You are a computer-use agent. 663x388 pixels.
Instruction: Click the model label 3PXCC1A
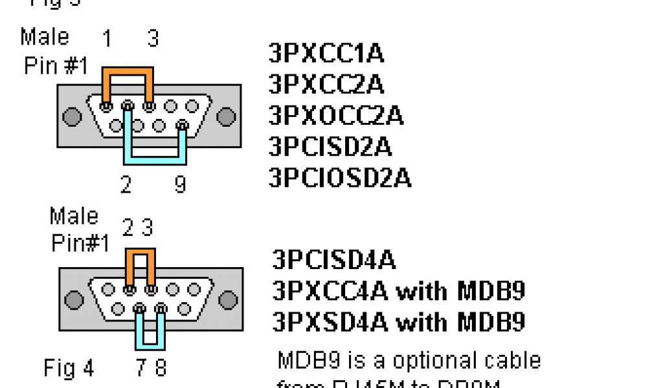326,54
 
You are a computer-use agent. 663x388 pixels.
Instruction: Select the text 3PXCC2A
326,84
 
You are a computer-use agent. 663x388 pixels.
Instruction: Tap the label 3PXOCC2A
336,115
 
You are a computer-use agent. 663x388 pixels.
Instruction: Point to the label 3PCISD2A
330,146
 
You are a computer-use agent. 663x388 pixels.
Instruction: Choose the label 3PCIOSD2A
340,177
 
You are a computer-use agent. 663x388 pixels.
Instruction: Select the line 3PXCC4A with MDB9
398,291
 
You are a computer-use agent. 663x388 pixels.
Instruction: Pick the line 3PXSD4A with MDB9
398,321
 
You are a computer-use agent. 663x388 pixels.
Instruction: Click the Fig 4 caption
69,369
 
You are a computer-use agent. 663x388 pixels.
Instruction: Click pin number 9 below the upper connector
181,186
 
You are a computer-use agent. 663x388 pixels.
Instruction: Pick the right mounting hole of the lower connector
228,300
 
